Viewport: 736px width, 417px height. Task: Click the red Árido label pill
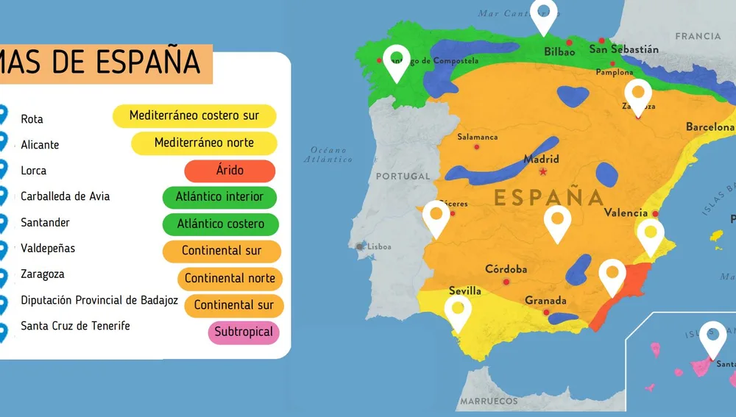(x=230, y=171)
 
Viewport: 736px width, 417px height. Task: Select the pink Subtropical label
(x=244, y=332)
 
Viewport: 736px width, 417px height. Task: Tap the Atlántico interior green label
(x=219, y=197)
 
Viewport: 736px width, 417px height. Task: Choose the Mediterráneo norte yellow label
(x=204, y=143)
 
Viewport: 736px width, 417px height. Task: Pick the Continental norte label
(x=230, y=279)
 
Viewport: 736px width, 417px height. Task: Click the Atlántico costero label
(x=221, y=224)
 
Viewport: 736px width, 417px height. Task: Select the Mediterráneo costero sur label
(x=194, y=115)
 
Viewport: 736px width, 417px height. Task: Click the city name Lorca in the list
(x=34, y=171)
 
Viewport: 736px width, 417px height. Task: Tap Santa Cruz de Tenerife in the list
(x=75, y=326)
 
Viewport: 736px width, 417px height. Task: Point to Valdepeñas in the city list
(x=48, y=249)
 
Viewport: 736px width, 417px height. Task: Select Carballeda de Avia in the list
(x=66, y=196)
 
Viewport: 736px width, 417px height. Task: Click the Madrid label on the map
(x=541, y=159)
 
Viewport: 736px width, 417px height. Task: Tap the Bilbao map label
(x=559, y=51)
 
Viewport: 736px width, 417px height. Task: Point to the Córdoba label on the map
(x=506, y=269)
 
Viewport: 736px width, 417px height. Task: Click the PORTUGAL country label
(x=403, y=177)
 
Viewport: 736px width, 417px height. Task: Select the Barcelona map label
(x=710, y=126)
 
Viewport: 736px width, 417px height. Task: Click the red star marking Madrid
(x=543, y=172)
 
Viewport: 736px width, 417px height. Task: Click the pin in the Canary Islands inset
(x=712, y=338)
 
